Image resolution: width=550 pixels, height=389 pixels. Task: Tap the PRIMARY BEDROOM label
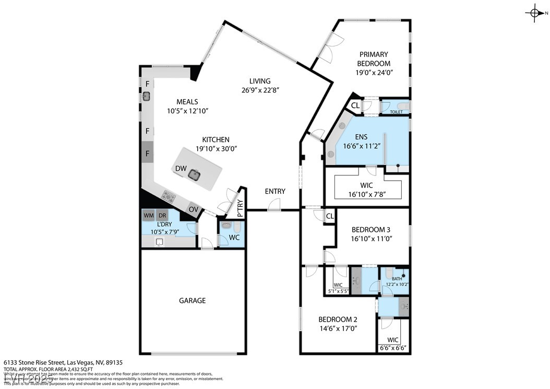click(374, 58)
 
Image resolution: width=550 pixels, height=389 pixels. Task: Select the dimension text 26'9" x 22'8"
click(260, 90)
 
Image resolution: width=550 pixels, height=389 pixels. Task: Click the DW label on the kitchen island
click(181, 168)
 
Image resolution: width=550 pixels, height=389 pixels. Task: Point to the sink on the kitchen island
click(195, 175)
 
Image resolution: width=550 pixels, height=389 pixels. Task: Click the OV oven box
click(194, 209)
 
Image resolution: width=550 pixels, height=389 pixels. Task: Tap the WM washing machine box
click(149, 215)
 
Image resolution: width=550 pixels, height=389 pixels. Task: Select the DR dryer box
click(162, 215)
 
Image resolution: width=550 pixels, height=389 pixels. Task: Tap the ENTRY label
click(275, 192)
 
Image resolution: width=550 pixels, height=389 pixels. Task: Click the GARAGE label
click(193, 301)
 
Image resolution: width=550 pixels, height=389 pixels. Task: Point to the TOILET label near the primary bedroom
click(396, 112)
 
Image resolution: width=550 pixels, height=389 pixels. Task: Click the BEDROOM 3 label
click(370, 230)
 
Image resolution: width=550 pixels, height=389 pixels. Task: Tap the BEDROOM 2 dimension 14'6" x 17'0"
click(338, 329)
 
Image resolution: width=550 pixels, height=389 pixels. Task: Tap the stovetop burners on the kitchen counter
click(169, 196)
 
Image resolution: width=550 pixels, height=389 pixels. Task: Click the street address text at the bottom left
click(63, 362)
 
